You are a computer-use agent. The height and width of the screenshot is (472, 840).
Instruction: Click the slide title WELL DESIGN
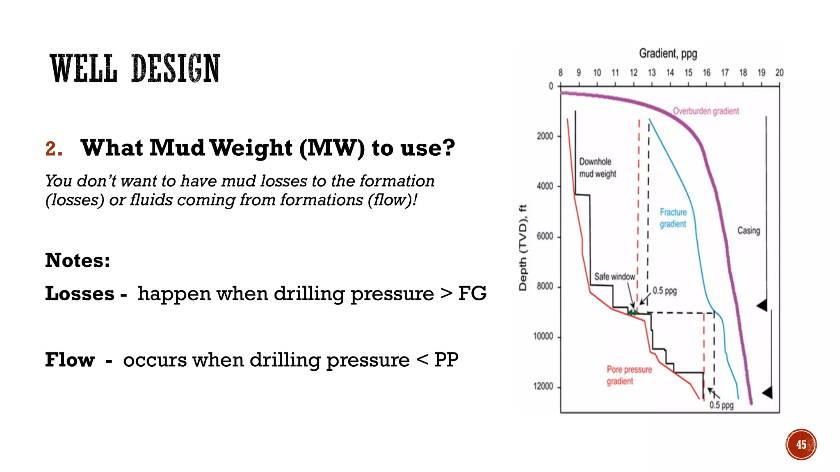pos(135,68)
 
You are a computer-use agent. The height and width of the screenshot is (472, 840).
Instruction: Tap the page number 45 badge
pos(801,445)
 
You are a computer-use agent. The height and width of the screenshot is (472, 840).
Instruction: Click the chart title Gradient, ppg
pos(668,54)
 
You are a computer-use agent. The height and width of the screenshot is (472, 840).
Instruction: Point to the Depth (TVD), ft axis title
pos(523,247)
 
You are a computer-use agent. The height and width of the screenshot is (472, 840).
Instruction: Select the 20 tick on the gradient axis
pos(779,73)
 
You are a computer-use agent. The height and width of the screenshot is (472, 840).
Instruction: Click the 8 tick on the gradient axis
pos(560,73)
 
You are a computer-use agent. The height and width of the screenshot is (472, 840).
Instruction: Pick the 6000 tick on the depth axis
pos(545,236)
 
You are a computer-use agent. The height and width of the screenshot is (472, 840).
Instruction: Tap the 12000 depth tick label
pos(543,386)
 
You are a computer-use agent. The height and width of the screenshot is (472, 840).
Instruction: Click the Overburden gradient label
pos(705,111)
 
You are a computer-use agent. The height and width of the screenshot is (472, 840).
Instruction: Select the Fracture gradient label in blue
pos(673,218)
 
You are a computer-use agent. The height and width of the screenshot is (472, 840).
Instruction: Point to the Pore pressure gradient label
pos(629,375)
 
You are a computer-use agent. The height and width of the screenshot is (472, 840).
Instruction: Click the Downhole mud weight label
pos(597,168)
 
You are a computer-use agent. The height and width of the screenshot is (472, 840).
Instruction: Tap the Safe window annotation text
pos(614,277)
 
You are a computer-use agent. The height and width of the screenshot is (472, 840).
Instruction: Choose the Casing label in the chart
pos(749,231)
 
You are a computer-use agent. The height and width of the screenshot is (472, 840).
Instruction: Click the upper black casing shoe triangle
pos(762,305)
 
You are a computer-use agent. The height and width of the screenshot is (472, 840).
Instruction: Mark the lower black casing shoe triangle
pos(767,393)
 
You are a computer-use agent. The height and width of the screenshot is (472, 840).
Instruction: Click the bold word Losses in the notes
pos(80,294)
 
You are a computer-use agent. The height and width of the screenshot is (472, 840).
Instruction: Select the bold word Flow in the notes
pos(70,360)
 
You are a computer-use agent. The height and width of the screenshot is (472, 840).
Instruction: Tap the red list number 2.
pos(54,149)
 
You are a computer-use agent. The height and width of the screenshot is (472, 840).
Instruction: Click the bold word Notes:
pos(78,261)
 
